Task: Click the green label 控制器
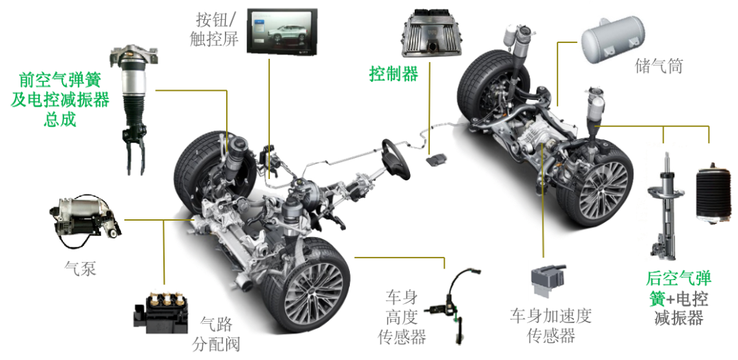(394, 74)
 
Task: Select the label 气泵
(80, 268)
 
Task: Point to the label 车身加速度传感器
(551, 326)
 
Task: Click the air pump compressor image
(85, 222)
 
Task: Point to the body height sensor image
(453, 306)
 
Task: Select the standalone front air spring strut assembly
(134, 109)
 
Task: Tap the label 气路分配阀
(216, 335)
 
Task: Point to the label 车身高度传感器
(402, 317)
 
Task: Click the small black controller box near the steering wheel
(436, 160)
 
